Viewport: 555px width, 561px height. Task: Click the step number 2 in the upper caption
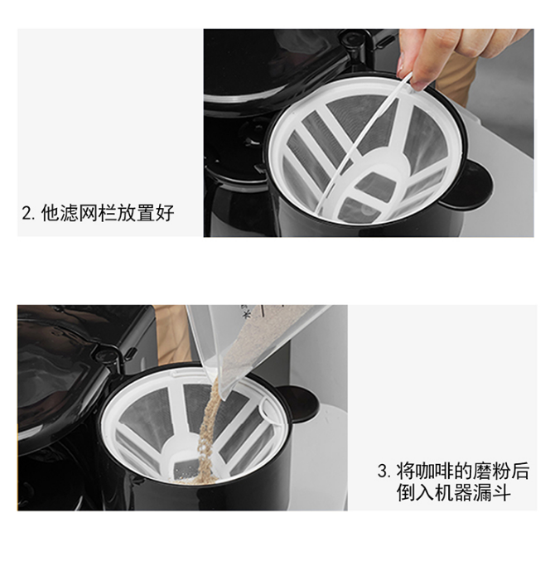pos(27,213)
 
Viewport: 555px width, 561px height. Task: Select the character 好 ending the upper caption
pos(165,213)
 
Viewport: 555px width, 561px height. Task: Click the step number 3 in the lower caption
pos(383,471)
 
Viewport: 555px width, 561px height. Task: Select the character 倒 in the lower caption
pos(406,493)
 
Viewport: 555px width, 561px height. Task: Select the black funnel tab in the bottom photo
pos(298,404)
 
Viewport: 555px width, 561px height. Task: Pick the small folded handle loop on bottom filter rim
pos(271,410)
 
